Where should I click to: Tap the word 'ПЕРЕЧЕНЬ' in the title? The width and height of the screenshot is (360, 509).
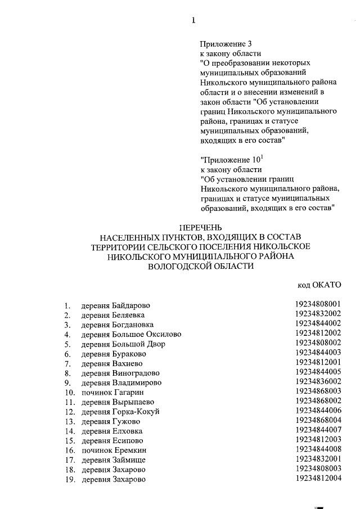[x=200, y=228]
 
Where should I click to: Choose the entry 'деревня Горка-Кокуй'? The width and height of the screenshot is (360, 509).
[x=120, y=412]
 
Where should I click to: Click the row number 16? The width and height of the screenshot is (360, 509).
[x=70, y=451]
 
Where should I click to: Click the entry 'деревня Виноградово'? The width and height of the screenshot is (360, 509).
[x=120, y=373]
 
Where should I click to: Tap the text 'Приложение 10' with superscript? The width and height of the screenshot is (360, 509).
[x=227, y=159]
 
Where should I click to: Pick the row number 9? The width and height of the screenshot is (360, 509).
[x=67, y=382]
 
